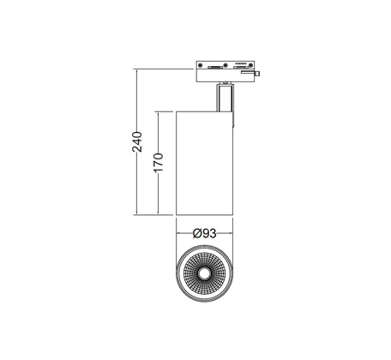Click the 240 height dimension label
(137, 142)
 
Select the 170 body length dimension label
(159, 163)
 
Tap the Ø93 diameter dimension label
(205, 234)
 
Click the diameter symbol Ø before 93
(197, 234)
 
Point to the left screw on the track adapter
(201, 65)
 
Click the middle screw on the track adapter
(226, 65)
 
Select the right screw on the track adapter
(250, 65)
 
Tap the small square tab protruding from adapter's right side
(257, 74)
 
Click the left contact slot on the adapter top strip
(215, 68)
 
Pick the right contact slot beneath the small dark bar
(240, 68)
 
